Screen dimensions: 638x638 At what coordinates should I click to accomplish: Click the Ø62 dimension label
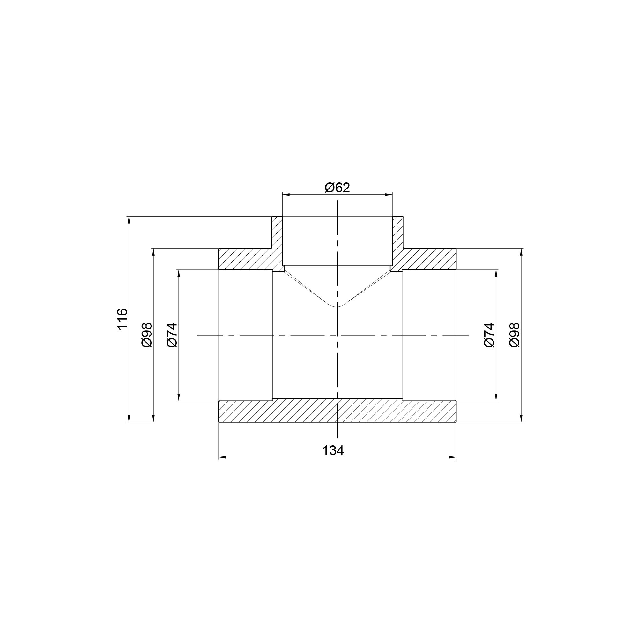337,188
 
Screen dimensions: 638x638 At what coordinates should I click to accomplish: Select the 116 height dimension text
122,319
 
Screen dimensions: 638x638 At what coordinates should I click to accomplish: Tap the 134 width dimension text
333,450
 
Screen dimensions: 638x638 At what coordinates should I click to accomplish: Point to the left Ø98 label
147,335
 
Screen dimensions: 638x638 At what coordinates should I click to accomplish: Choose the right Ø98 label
515,335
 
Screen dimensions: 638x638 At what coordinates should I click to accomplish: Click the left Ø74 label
172,335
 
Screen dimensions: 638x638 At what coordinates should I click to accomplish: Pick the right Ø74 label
489,335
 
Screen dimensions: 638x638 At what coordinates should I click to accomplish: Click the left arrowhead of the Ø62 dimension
286,195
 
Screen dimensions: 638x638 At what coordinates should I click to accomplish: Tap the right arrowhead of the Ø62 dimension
389,195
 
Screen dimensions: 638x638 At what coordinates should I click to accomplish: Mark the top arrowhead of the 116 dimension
129,220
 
